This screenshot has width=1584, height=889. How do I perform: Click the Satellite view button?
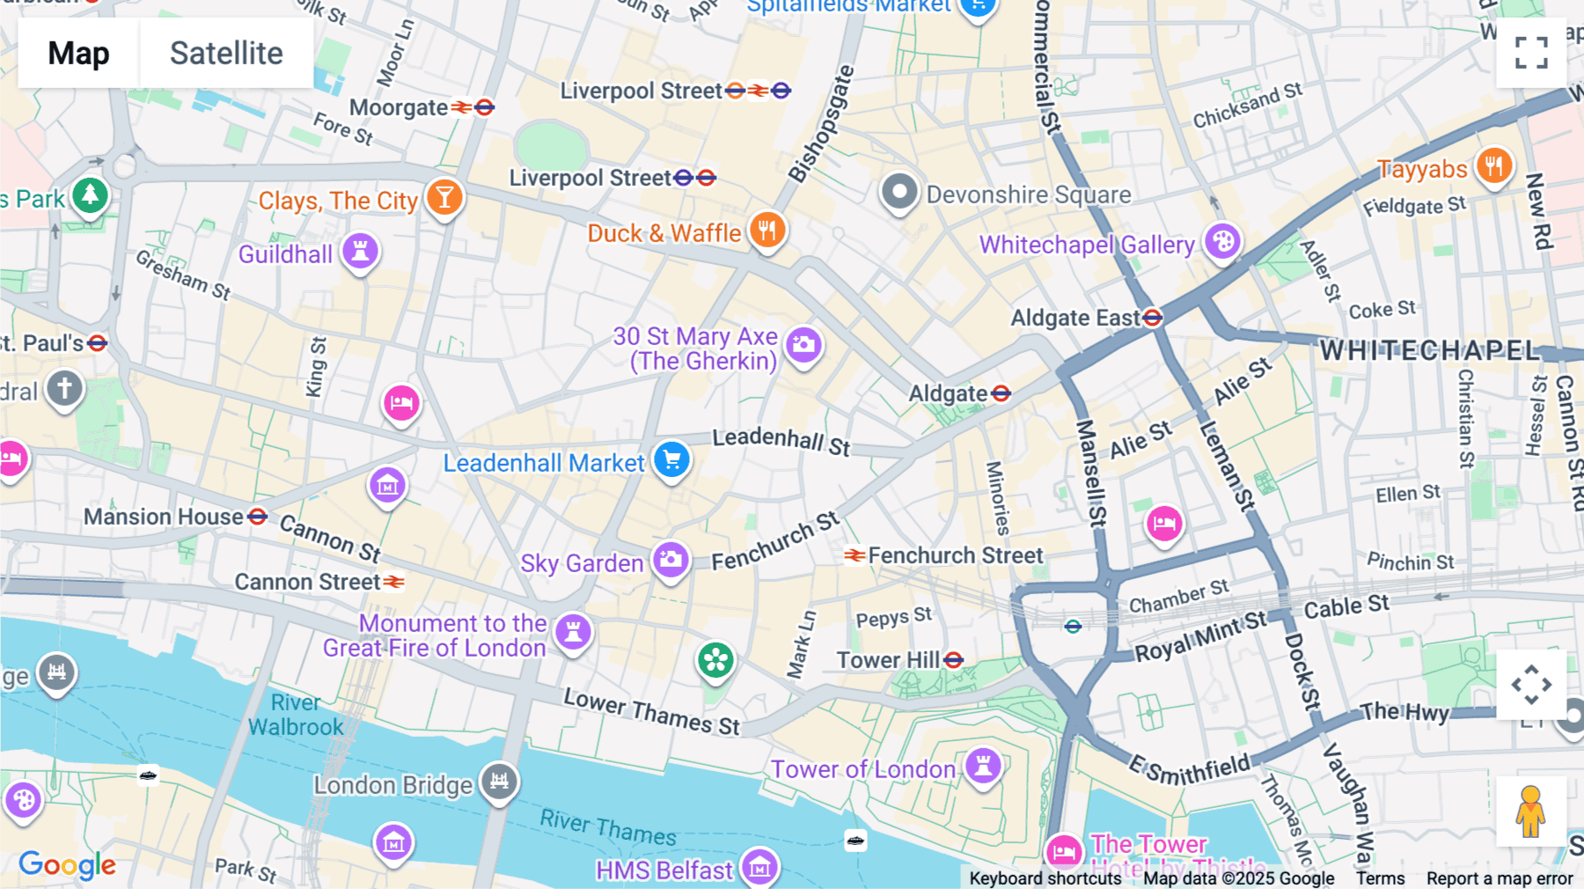pos(226,53)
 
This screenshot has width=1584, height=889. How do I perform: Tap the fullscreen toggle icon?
pos(1531,53)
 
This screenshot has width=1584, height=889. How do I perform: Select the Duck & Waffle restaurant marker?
pos(767,231)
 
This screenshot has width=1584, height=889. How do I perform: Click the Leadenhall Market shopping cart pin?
pos(672,459)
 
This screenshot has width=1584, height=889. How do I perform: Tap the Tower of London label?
pos(862,769)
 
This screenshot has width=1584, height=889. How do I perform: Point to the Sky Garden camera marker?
pos(671,560)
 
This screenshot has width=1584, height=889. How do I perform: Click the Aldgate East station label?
pos(1075,318)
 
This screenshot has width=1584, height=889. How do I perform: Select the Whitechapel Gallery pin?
pos(1222,240)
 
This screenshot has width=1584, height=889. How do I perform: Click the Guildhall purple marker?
pos(360,251)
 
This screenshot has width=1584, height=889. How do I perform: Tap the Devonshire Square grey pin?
pos(899,192)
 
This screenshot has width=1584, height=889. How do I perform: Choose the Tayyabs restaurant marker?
pos(1493,165)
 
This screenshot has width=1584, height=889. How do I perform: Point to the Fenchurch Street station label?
pos(955,555)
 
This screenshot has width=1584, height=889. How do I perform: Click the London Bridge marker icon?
pos(499,781)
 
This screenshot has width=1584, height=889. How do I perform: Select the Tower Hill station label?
pos(888,660)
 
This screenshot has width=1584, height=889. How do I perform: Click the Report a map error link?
pos(1500,878)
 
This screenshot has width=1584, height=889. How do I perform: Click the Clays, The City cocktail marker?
pos(444,197)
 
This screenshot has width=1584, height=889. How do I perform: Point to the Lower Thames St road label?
pos(651,711)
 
